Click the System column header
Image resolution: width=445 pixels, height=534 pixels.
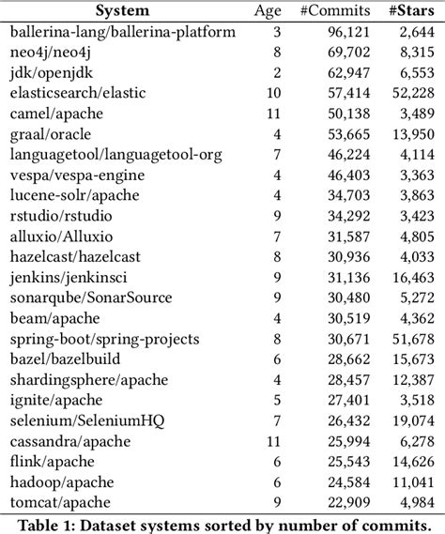(122, 11)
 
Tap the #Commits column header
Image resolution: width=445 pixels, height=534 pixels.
(318, 11)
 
